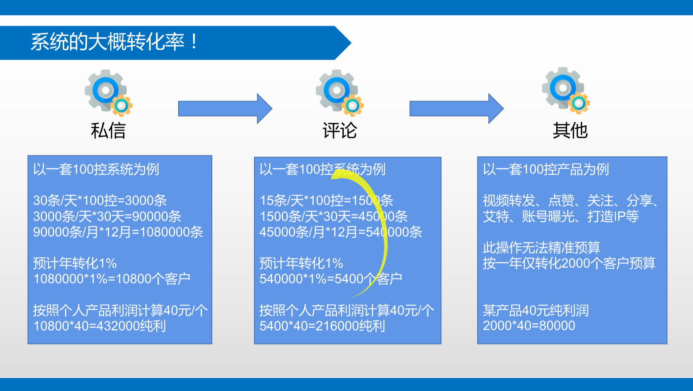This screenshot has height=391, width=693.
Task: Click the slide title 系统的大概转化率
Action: click(114, 42)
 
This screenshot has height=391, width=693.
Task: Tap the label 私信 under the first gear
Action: click(108, 131)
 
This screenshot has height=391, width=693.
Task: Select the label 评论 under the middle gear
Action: click(340, 131)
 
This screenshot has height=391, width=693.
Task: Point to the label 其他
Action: click(570, 131)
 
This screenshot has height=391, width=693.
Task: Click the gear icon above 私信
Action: click(108, 92)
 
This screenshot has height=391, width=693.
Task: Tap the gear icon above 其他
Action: click(565, 90)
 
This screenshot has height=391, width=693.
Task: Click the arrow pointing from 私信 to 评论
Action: click(225, 108)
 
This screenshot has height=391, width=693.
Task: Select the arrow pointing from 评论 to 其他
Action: click(456, 108)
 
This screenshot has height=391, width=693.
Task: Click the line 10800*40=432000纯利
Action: click(100, 326)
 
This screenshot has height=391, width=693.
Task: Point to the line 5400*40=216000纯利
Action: click(322, 326)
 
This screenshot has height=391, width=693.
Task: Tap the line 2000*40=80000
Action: click(529, 326)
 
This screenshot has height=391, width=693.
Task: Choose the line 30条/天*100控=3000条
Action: click(100, 200)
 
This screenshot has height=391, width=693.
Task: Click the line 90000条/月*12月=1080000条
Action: click(118, 232)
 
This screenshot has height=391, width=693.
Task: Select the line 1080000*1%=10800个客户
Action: click(112, 279)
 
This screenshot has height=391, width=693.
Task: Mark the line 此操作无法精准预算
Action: click(541, 247)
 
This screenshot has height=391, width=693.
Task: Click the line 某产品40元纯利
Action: click(536, 310)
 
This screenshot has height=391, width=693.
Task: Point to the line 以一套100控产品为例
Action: click(546, 169)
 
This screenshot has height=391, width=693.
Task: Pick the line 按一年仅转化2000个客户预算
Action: click(569, 263)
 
